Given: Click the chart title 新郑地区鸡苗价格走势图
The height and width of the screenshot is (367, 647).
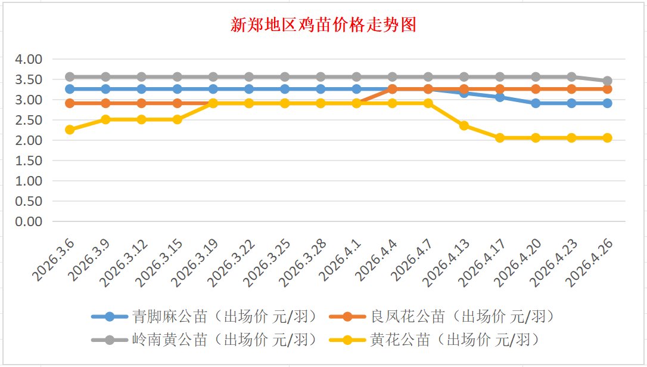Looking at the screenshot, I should (x=323, y=25).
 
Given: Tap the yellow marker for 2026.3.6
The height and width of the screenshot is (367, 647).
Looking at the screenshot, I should (x=70, y=129).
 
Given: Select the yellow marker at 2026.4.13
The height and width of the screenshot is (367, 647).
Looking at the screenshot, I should (x=464, y=125).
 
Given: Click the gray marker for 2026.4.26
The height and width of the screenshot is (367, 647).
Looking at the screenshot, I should (x=607, y=81).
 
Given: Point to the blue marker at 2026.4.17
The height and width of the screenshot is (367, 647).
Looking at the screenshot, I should (x=500, y=97).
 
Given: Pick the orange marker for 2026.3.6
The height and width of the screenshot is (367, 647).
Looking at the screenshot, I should (x=70, y=103).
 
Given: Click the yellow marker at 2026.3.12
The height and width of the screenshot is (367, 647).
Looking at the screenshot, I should (x=141, y=119).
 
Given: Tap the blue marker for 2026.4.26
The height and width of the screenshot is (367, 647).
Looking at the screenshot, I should (x=607, y=103).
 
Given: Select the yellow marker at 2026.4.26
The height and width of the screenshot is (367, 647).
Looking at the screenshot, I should (x=607, y=138).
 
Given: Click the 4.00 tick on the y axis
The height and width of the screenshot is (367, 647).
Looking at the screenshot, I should (x=28, y=59).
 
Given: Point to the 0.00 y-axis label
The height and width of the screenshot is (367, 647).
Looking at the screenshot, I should (x=28, y=221).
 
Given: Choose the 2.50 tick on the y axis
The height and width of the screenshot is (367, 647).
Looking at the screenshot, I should (x=28, y=120).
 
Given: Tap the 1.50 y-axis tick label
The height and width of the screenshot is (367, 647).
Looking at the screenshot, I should (x=28, y=161).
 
